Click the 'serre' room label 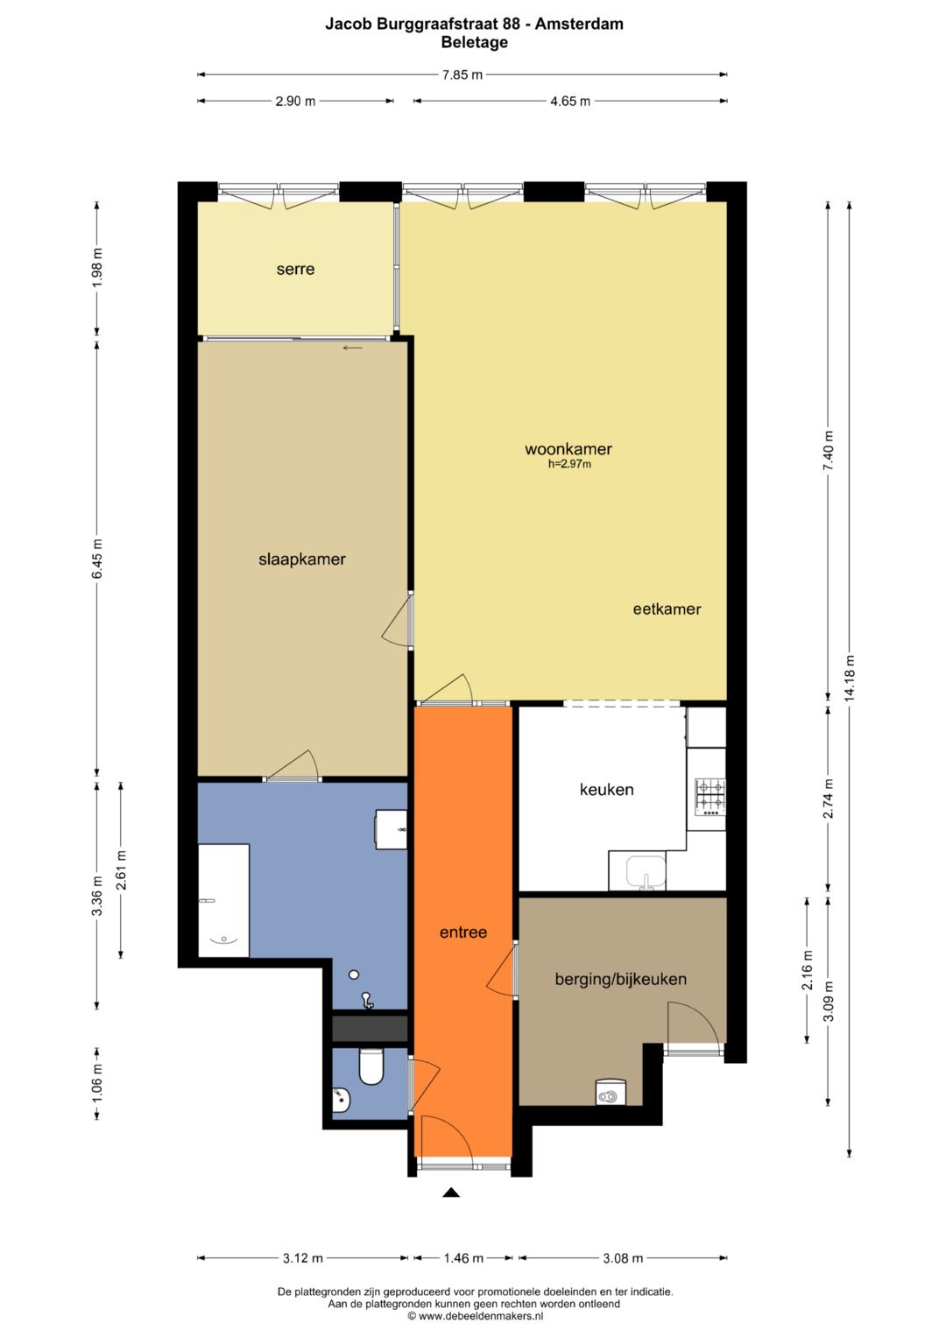295,269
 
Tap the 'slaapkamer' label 301,559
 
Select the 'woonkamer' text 568,449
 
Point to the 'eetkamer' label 667,609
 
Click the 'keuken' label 606,790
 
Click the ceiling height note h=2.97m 569,464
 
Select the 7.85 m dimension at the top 462,75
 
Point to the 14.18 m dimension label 850,677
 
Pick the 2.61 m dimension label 121,869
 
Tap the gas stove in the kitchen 710,798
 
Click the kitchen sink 646,872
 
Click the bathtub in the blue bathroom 223,900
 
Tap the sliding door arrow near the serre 352,348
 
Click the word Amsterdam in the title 579,25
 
